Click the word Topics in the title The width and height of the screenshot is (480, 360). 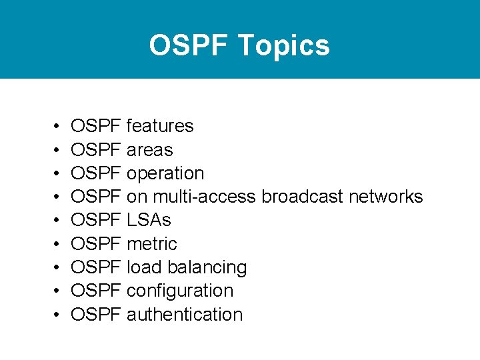[x=283, y=46]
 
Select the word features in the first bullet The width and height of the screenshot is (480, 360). [x=160, y=126]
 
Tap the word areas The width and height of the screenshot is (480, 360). [x=149, y=150]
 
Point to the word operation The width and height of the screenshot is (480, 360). [x=165, y=173]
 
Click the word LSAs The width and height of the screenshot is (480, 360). [x=149, y=220]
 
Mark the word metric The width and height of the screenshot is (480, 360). [x=151, y=244]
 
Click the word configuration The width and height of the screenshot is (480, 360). [x=180, y=291]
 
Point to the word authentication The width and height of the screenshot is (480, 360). [x=185, y=315]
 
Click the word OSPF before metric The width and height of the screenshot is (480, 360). [x=96, y=244]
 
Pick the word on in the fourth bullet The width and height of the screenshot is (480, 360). [x=137, y=197]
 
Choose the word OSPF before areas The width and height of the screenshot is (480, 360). [x=96, y=150]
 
